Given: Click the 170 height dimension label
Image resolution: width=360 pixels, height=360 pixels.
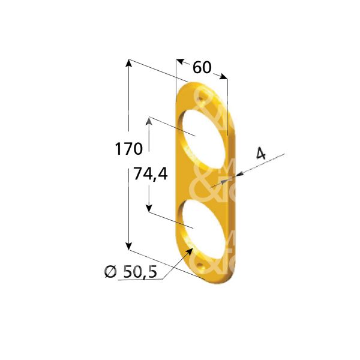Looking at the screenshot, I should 128,148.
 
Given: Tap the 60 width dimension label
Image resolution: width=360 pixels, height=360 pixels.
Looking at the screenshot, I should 202,67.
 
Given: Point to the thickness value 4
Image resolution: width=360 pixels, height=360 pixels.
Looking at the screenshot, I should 260,154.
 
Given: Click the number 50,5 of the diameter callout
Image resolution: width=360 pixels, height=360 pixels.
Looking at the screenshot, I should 139,272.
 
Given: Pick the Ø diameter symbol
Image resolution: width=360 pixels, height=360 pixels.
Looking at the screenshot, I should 110,272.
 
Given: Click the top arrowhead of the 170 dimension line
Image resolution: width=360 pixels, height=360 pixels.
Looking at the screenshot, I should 128,64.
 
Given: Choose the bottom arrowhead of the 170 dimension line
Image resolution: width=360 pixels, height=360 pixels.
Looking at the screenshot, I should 128,245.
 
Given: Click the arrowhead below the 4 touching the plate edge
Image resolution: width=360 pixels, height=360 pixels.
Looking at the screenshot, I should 239,175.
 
